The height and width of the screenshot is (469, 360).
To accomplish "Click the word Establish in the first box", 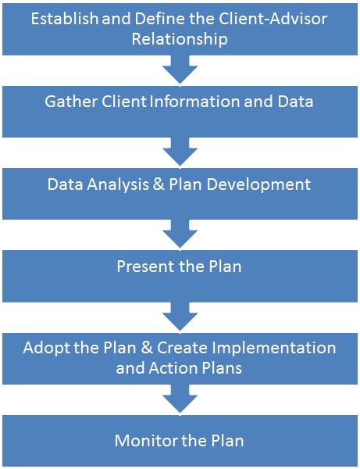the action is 65,19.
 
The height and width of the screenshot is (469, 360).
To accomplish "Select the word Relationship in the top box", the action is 180,39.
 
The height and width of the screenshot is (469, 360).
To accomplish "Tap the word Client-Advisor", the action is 273,19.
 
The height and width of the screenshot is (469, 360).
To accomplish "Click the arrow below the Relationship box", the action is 180,70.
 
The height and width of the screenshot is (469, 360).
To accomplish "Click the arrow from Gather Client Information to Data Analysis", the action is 180,152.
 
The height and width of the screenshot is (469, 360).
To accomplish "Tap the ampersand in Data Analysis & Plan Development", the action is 159,184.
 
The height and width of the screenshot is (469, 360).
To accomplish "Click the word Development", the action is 258,184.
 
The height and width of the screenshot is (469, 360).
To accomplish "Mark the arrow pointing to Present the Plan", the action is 180,234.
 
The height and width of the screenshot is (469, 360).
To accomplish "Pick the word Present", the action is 144,267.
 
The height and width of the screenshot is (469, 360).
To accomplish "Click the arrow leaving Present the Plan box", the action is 180,317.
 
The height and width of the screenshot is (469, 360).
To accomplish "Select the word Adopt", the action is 47,348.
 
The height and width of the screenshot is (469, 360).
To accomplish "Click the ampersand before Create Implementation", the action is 146,348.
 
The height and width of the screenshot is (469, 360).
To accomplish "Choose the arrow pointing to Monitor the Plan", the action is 180,399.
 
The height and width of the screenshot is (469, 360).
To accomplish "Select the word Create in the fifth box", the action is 182,348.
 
